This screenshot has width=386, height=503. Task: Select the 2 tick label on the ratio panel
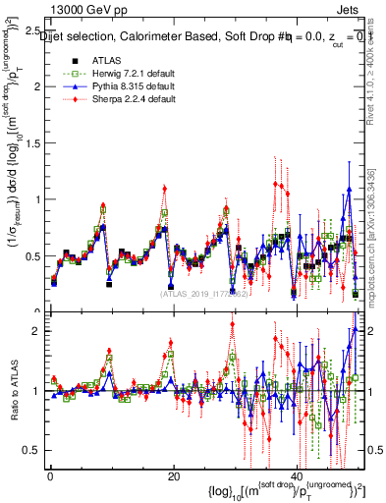[x=38, y=331]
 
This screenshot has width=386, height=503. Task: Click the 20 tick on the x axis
[x=173, y=476]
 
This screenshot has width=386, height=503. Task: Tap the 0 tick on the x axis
[x=49, y=476]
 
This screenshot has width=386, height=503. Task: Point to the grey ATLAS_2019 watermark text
[x=203, y=293]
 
